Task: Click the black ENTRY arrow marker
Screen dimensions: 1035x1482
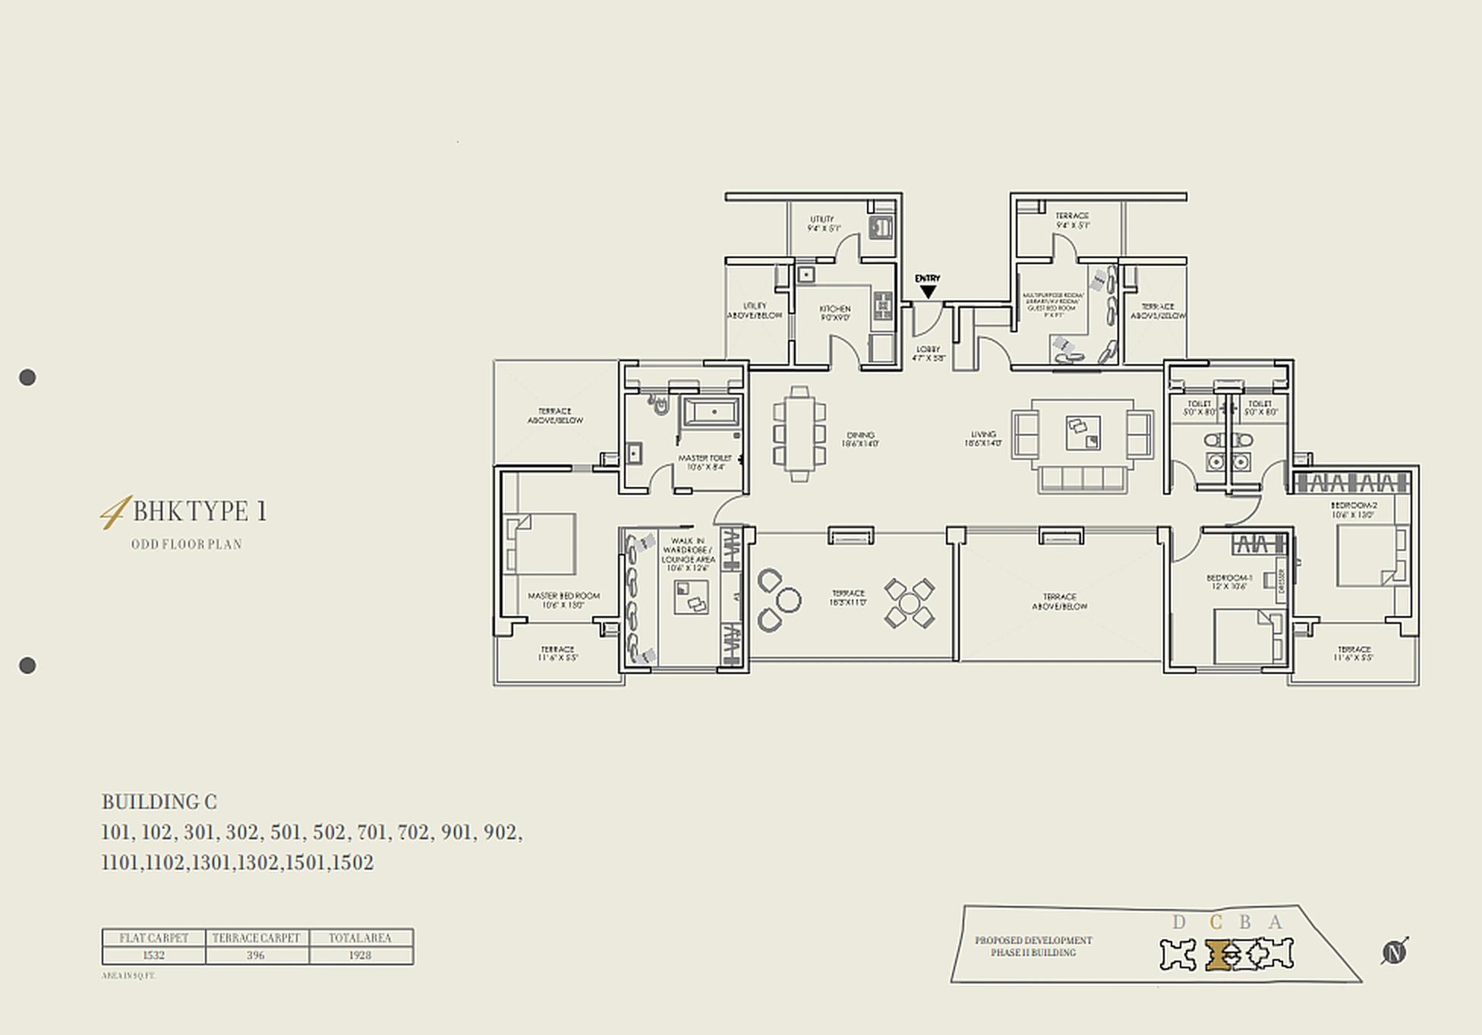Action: point(928,291)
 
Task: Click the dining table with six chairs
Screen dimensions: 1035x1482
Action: point(799,435)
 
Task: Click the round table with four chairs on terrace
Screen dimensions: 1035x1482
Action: point(909,604)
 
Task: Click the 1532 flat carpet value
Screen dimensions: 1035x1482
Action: point(153,955)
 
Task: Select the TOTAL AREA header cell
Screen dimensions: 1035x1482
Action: point(360,938)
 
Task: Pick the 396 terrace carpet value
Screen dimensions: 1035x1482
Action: point(256,955)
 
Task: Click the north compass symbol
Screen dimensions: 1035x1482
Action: point(1394,952)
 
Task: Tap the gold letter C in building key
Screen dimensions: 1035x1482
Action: point(1216,922)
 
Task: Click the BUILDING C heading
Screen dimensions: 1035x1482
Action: point(159,802)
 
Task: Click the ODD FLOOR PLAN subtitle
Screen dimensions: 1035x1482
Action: point(187,544)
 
